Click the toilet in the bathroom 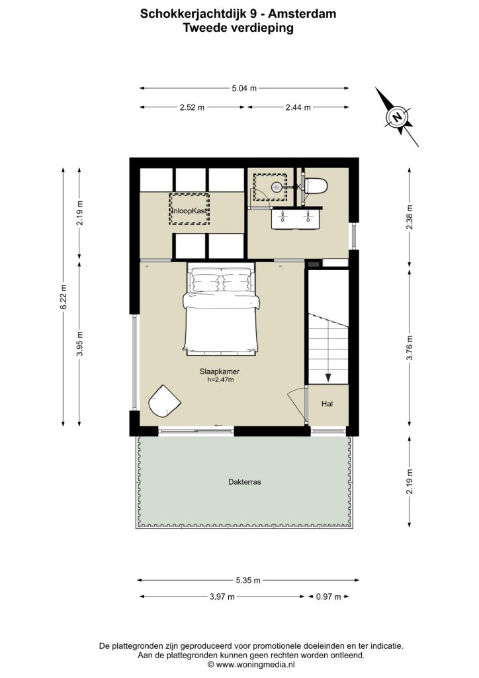[316, 186]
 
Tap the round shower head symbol [277, 187]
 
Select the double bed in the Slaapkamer [221, 310]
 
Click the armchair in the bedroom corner [163, 401]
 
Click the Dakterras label [245, 482]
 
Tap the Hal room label [327, 404]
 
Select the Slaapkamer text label [220, 371]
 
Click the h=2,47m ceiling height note [220, 379]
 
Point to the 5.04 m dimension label [244, 88]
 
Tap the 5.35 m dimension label [248, 580]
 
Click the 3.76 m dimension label [410, 348]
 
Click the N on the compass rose [396, 117]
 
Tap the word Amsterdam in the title [302, 14]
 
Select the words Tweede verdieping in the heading [238, 28]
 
